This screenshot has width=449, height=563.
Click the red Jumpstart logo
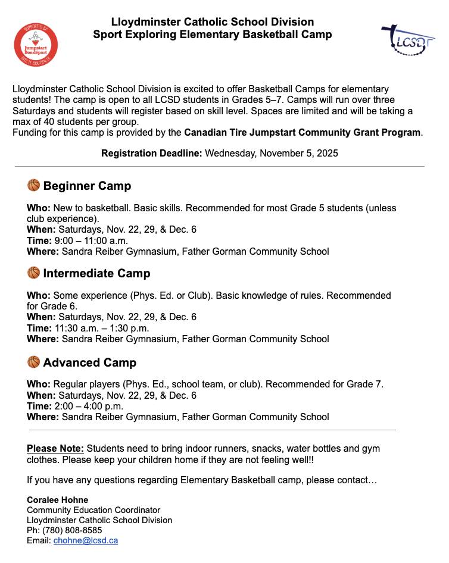point(36,45)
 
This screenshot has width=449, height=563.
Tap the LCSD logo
point(407,39)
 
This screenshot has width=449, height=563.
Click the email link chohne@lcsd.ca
point(86,540)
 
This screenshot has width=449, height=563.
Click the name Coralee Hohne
point(57,500)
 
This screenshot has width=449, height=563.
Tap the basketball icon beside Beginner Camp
point(33,186)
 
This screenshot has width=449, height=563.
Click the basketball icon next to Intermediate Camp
point(33,273)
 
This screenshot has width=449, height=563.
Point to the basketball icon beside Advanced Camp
point(33,362)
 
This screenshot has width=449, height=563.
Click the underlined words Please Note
point(55,448)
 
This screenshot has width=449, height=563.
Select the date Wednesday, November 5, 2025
point(272,153)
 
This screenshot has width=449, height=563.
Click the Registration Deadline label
point(152,153)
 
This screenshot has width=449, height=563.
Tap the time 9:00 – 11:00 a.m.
point(91,241)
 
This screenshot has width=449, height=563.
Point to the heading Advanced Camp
point(89,362)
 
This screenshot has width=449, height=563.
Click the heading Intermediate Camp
point(96,273)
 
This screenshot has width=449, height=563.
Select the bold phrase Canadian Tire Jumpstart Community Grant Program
point(303,132)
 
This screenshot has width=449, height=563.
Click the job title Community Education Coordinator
point(93,510)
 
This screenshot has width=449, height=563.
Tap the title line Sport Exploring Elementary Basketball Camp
point(213,35)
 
